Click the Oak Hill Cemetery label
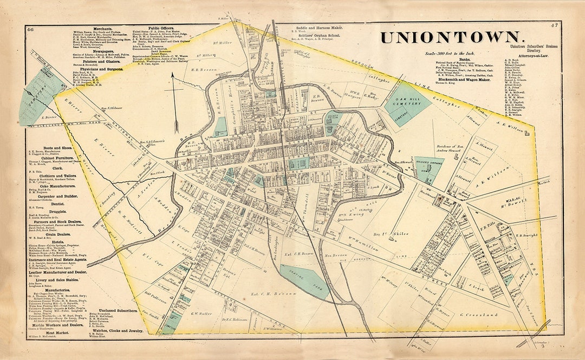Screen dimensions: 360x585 pos(408,101)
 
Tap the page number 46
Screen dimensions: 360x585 pos(30,28)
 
